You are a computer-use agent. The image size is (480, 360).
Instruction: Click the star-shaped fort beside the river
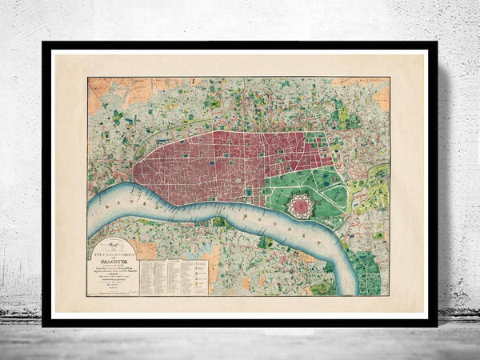pos(300,206)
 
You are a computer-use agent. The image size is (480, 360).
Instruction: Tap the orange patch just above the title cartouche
pos(144,250)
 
